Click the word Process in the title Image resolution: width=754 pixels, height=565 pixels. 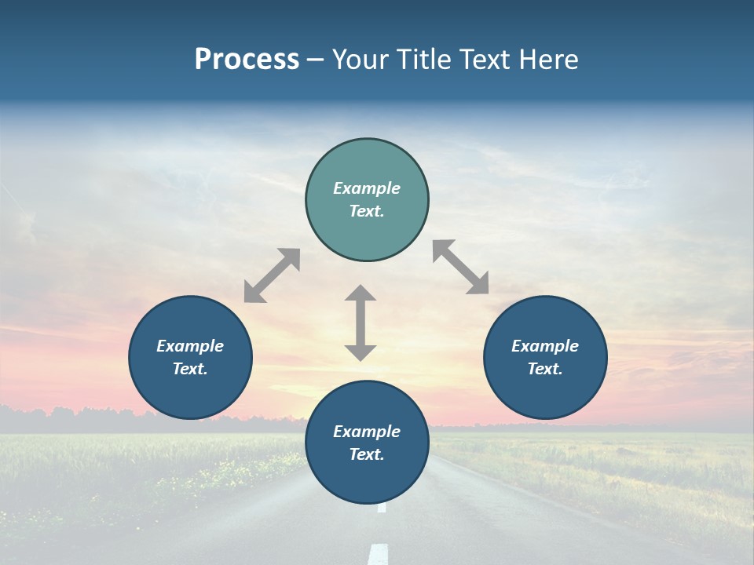pyautogui.click(x=247, y=59)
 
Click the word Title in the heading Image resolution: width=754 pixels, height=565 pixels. pyautogui.click(x=424, y=59)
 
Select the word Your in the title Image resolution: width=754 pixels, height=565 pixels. pyautogui.click(x=361, y=59)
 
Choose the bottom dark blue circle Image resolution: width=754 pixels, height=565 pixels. pyautogui.click(x=367, y=479)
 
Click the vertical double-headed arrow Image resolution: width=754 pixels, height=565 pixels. pyautogui.click(x=361, y=323)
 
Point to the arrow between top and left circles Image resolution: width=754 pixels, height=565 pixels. pyautogui.click(x=272, y=275)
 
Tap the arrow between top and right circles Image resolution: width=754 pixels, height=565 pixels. pyautogui.click(x=461, y=267)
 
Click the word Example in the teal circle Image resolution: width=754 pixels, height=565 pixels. pyautogui.click(x=367, y=188)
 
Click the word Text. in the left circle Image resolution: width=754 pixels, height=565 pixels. pyautogui.click(x=190, y=369)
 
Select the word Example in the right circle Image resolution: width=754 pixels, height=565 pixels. pyautogui.click(x=545, y=346)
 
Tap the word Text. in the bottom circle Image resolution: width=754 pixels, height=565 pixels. pyautogui.click(x=367, y=454)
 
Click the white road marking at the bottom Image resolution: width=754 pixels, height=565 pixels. pyautogui.click(x=379, y=552)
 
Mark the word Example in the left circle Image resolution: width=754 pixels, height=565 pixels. pyautogui.click(x=190, y=346)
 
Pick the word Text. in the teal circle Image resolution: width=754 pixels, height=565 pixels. pyautogui.click(x=367, y=211)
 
